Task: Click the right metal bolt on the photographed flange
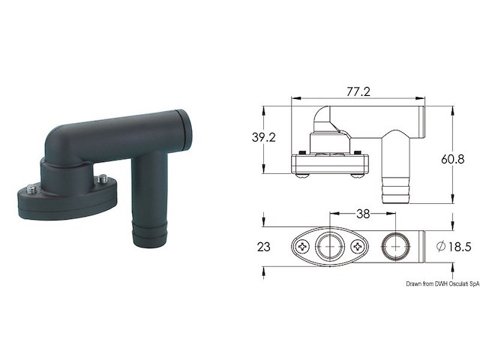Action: coord(100,180)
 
